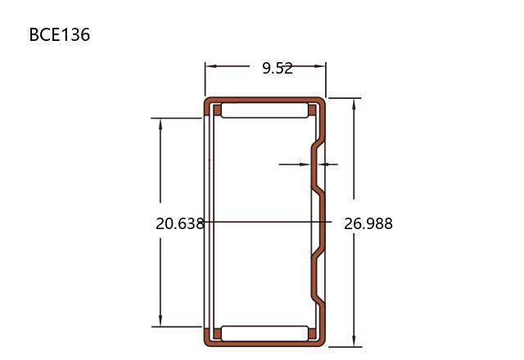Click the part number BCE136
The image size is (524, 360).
click(60, 34)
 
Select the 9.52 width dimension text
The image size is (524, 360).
click(278, 69)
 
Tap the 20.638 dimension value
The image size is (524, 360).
click(180, 223)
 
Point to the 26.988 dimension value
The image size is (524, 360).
click(368, 223)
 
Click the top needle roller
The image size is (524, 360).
click(264, 110)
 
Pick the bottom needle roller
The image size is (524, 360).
click(264, 334)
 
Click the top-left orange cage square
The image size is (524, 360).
click(217, 110)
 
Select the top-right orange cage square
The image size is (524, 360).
click(312, 110)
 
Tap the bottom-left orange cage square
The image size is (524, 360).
click(217, 334)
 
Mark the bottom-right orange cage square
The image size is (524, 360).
click(312, 334)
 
